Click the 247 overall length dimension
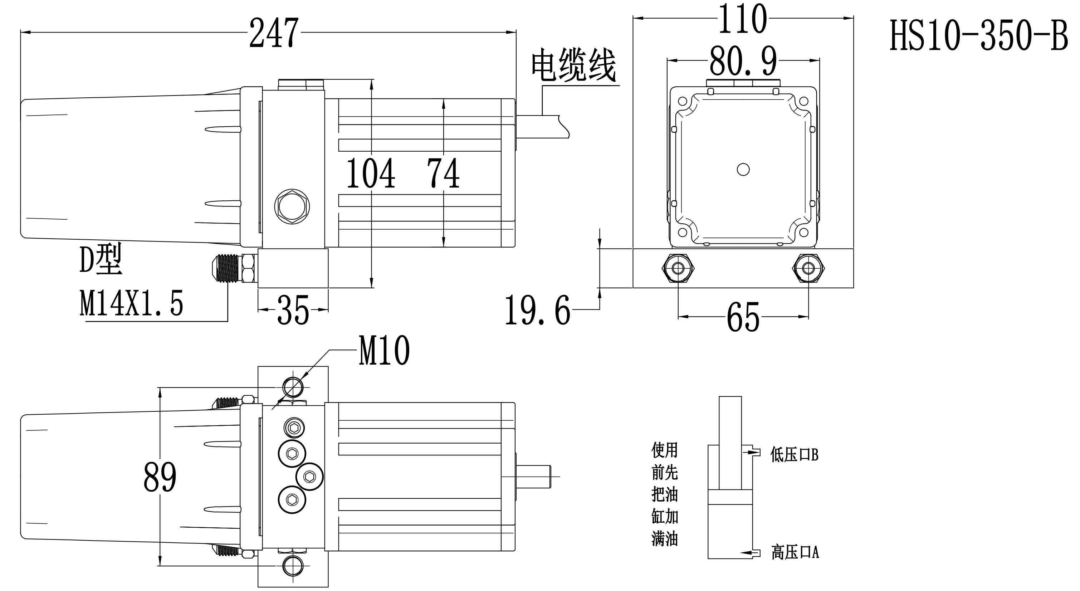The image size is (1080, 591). point(274,33)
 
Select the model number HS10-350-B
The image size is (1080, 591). point(978,36)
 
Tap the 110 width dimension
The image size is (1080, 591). point(743,19)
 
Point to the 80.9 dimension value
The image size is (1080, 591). point(743,61)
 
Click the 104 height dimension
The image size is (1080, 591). point(371,173)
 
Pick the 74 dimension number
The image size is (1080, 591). point(443,173)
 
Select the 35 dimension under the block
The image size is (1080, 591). point(293,310)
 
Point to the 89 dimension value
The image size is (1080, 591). point(160,477)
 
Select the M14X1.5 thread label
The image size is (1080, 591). point(131,303)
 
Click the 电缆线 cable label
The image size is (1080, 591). point(573,66)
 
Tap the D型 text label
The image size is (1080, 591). point(101,260)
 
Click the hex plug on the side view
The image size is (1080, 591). point(292,206)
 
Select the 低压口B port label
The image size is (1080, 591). point(794,455)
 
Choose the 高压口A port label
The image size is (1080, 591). point(795,552)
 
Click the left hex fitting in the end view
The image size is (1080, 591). point(678,268)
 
